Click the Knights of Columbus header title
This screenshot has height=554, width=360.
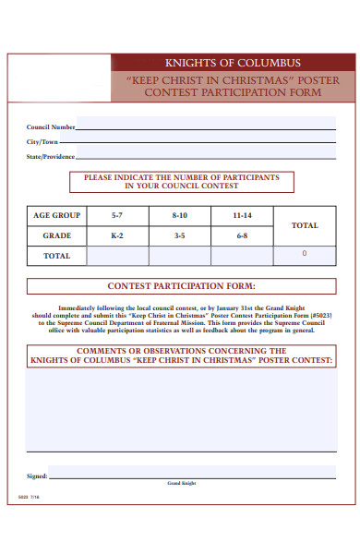point(232,63)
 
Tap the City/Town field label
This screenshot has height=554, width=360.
point(42,142)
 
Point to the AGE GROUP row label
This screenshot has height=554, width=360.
point(57,215)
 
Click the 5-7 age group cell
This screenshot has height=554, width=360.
point(116,215)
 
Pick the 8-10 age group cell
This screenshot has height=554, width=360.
point(179,215)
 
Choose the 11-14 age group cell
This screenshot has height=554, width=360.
point(242,215)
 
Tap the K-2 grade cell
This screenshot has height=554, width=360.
point(116,235)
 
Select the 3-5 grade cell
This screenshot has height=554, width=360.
point(179,235)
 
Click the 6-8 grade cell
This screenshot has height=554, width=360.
point(242,235)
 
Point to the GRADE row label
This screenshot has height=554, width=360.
point(57,235)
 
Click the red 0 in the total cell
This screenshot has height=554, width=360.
point(305,253)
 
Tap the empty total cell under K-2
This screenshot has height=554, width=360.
point(116,256)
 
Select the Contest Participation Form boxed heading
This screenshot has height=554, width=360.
point(182,285)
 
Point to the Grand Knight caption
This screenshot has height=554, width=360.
point(181,484)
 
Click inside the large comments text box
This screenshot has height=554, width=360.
point(181,415)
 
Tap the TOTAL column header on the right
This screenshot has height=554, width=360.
point(305,225)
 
